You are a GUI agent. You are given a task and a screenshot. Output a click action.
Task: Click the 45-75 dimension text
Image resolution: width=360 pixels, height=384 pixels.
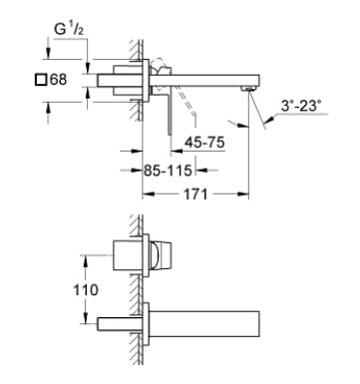[203, 143]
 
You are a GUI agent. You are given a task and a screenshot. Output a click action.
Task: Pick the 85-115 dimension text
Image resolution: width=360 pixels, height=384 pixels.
[164, 170]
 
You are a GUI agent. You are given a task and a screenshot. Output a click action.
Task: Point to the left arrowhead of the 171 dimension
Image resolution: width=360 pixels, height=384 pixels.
[147, 194]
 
